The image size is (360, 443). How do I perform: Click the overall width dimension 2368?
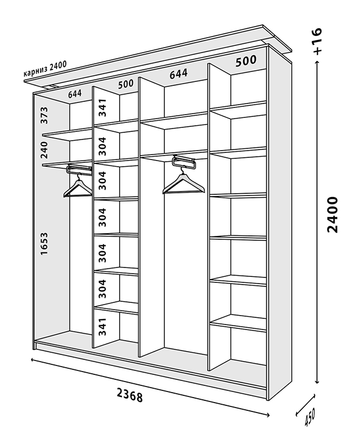tap(130, 395)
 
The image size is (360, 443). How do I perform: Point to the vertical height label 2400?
tap(332, 214)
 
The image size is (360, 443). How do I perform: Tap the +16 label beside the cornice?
tap(317, 42)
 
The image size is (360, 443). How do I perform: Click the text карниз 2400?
tap(45, 70)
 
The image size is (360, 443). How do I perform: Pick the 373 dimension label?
tap(45, 115)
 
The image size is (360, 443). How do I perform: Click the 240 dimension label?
tap(45, 148)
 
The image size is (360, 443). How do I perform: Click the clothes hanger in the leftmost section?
tap(78, 187)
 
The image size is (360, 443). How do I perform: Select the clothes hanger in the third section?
tap(183, 183)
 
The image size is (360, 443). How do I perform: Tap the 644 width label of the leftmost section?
tap(75, 94)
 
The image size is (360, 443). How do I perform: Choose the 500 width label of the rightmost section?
tap(245, 61)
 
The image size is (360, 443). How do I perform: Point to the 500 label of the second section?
tap(126, 84)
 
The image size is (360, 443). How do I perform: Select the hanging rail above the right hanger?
tap(184, 162)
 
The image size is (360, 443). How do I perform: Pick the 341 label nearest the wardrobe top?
tap(102, 107)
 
